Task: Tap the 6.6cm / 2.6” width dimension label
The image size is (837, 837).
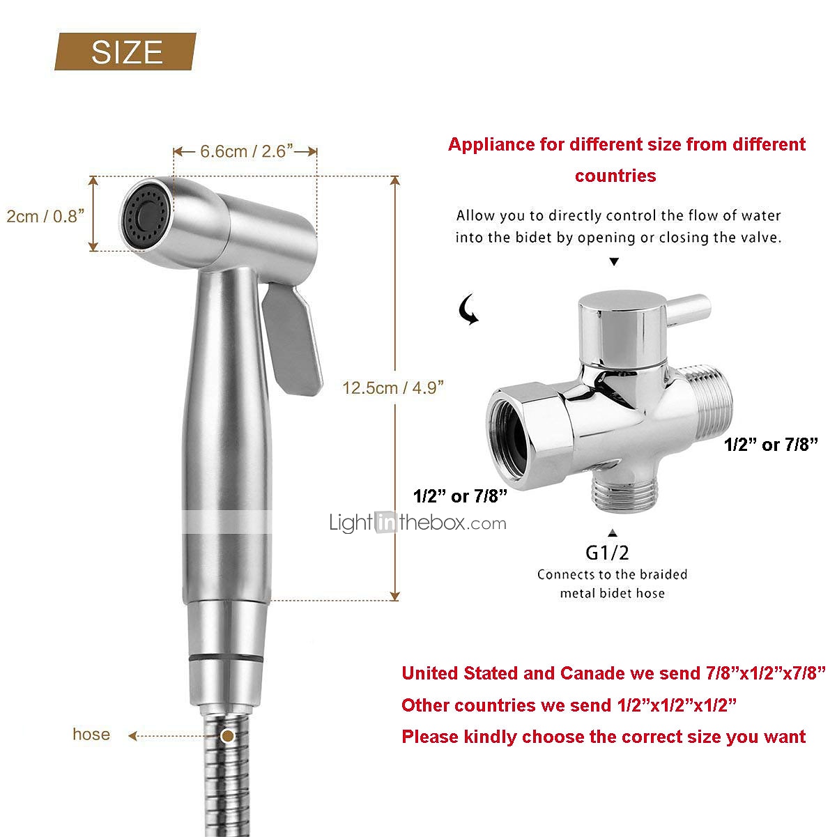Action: [246, 151]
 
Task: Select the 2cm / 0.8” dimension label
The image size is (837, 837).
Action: [45, 216]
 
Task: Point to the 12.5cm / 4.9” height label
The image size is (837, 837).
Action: [393, 387]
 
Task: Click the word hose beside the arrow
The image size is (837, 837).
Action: [91, 734]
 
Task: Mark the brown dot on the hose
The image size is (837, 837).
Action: [227, 735]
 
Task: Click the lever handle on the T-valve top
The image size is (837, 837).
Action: [689, 309]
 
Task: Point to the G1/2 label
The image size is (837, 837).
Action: [607, 553]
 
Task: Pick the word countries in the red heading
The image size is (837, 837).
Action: [615, 176]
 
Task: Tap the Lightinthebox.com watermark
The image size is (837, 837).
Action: [417, 523]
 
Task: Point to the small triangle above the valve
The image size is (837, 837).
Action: [614, 261]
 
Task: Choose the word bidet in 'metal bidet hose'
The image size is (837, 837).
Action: [612, 593]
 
